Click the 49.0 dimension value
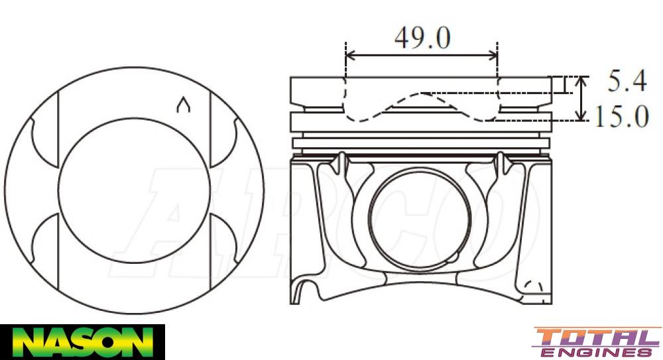pyautogui.click(x=422, y=38)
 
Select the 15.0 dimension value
pyautogui.click(x=621, y=117)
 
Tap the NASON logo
pyautogui.click(x=82, y=341)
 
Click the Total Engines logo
pyautogui.click(x=597, y=342)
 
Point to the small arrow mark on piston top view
pyautogui.click(x=184, y=105)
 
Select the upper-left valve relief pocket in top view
pyautogui.click(x=44, y=142)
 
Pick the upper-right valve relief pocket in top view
pyautogui.click(x=223, y=142)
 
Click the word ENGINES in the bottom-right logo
pyautogui.click(x=597, y=351)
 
